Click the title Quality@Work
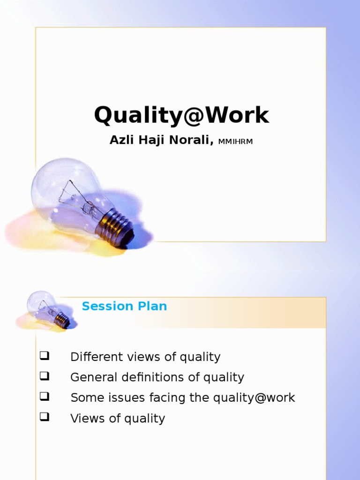pos(181,115)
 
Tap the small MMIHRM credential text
pos(235,142)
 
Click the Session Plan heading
pos(124,307)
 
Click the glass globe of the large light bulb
pos(66,190)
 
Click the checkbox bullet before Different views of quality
pos(45,356)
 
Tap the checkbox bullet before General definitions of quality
pos(45,376)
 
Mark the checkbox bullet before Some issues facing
pos(45,397)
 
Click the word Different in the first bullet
pos(92,357)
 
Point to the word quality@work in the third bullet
pos(254,398)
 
